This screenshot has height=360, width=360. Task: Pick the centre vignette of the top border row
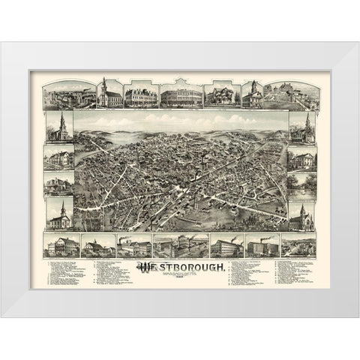pos(181,93)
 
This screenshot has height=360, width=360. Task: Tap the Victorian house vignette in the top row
pos(223,94)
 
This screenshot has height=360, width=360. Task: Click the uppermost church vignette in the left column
pos(58,127)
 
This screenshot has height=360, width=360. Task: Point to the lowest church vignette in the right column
pos(301,215)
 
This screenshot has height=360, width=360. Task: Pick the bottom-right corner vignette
pos(298,245)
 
